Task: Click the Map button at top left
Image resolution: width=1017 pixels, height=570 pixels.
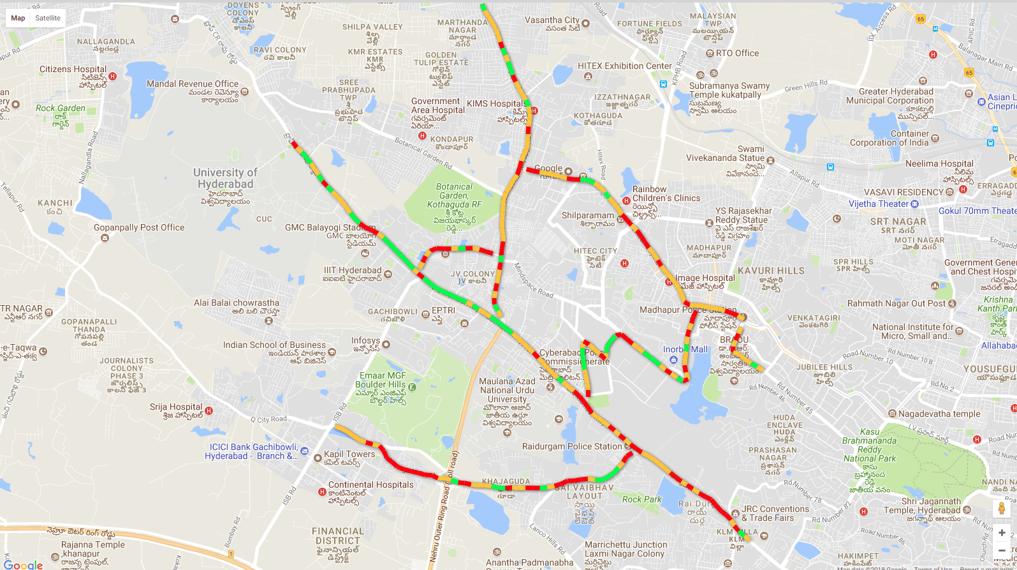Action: tap(18, 18)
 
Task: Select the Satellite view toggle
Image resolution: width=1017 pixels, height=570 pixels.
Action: tap(48, 18)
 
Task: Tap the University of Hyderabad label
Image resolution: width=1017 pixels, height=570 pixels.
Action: tap(225, 178)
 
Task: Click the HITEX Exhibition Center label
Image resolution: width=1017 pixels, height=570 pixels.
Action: tap(625, 66)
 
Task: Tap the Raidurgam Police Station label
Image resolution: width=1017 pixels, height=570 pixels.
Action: tap(571, 446)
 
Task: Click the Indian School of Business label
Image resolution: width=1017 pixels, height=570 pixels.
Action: tap(274, 345)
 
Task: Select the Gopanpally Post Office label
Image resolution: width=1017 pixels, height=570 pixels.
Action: tap(139, 227)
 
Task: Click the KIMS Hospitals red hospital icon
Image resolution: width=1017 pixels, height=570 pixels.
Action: tap(534, 110)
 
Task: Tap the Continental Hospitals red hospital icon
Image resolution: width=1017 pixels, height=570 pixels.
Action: tap(323, 491)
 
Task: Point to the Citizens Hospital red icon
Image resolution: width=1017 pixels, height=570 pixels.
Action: tap(113, 76)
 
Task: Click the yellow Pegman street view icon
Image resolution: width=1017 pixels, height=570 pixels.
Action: tap(1002, 509)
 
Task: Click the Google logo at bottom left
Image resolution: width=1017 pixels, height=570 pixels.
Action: tap(24, 564)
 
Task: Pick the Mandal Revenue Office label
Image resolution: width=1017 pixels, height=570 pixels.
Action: tap(192, 84)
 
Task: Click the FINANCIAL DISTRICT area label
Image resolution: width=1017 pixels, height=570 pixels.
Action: tap(338, 536)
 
